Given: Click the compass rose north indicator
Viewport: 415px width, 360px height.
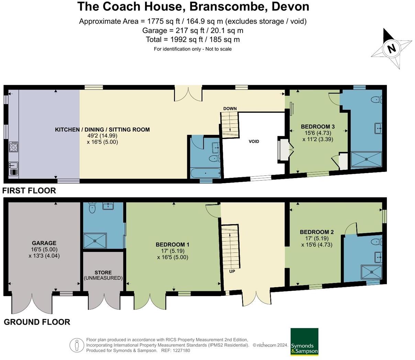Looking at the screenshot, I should pos(392,48).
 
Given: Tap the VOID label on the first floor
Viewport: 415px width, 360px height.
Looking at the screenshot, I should pos(254,141).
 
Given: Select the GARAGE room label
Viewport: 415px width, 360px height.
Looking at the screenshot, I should pos(44,243).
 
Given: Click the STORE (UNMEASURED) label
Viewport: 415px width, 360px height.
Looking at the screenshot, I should pos(103,275).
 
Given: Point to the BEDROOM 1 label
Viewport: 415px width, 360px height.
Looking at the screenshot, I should pos(172,245).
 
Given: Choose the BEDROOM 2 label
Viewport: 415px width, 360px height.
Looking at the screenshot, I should pos(316,232).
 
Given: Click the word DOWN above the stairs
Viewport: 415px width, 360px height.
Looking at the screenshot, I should pos(230,108).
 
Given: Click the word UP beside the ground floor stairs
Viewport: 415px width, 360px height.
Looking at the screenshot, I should pos(232,271).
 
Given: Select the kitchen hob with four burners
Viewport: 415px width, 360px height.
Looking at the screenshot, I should pos(13,147).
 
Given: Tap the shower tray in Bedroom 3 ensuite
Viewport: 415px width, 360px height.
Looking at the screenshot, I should pos(366,159).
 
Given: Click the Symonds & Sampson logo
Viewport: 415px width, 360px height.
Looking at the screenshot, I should pos(304,342).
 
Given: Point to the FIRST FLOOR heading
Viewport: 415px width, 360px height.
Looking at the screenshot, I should pos(29,190).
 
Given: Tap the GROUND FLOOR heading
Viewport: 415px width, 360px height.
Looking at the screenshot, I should pos(37,322).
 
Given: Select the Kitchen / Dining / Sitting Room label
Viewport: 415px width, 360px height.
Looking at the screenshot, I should pos(102,130).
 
